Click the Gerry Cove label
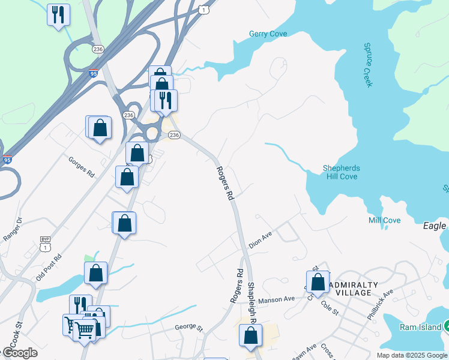(x=268, y=34)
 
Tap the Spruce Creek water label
(x=368, y=64)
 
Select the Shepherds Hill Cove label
(x=340, y=172)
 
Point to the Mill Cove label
(x=384, y=221)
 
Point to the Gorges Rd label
(x=82, y=166)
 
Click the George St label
(x=189, y=328)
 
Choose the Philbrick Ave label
(x=381, y=301)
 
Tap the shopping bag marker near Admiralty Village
(x=318, y=282)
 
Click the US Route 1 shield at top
(x=205, y=10)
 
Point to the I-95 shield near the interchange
(x=93, y=73)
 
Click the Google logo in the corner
(x=19, y=353)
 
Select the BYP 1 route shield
(x=44, y=243)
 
